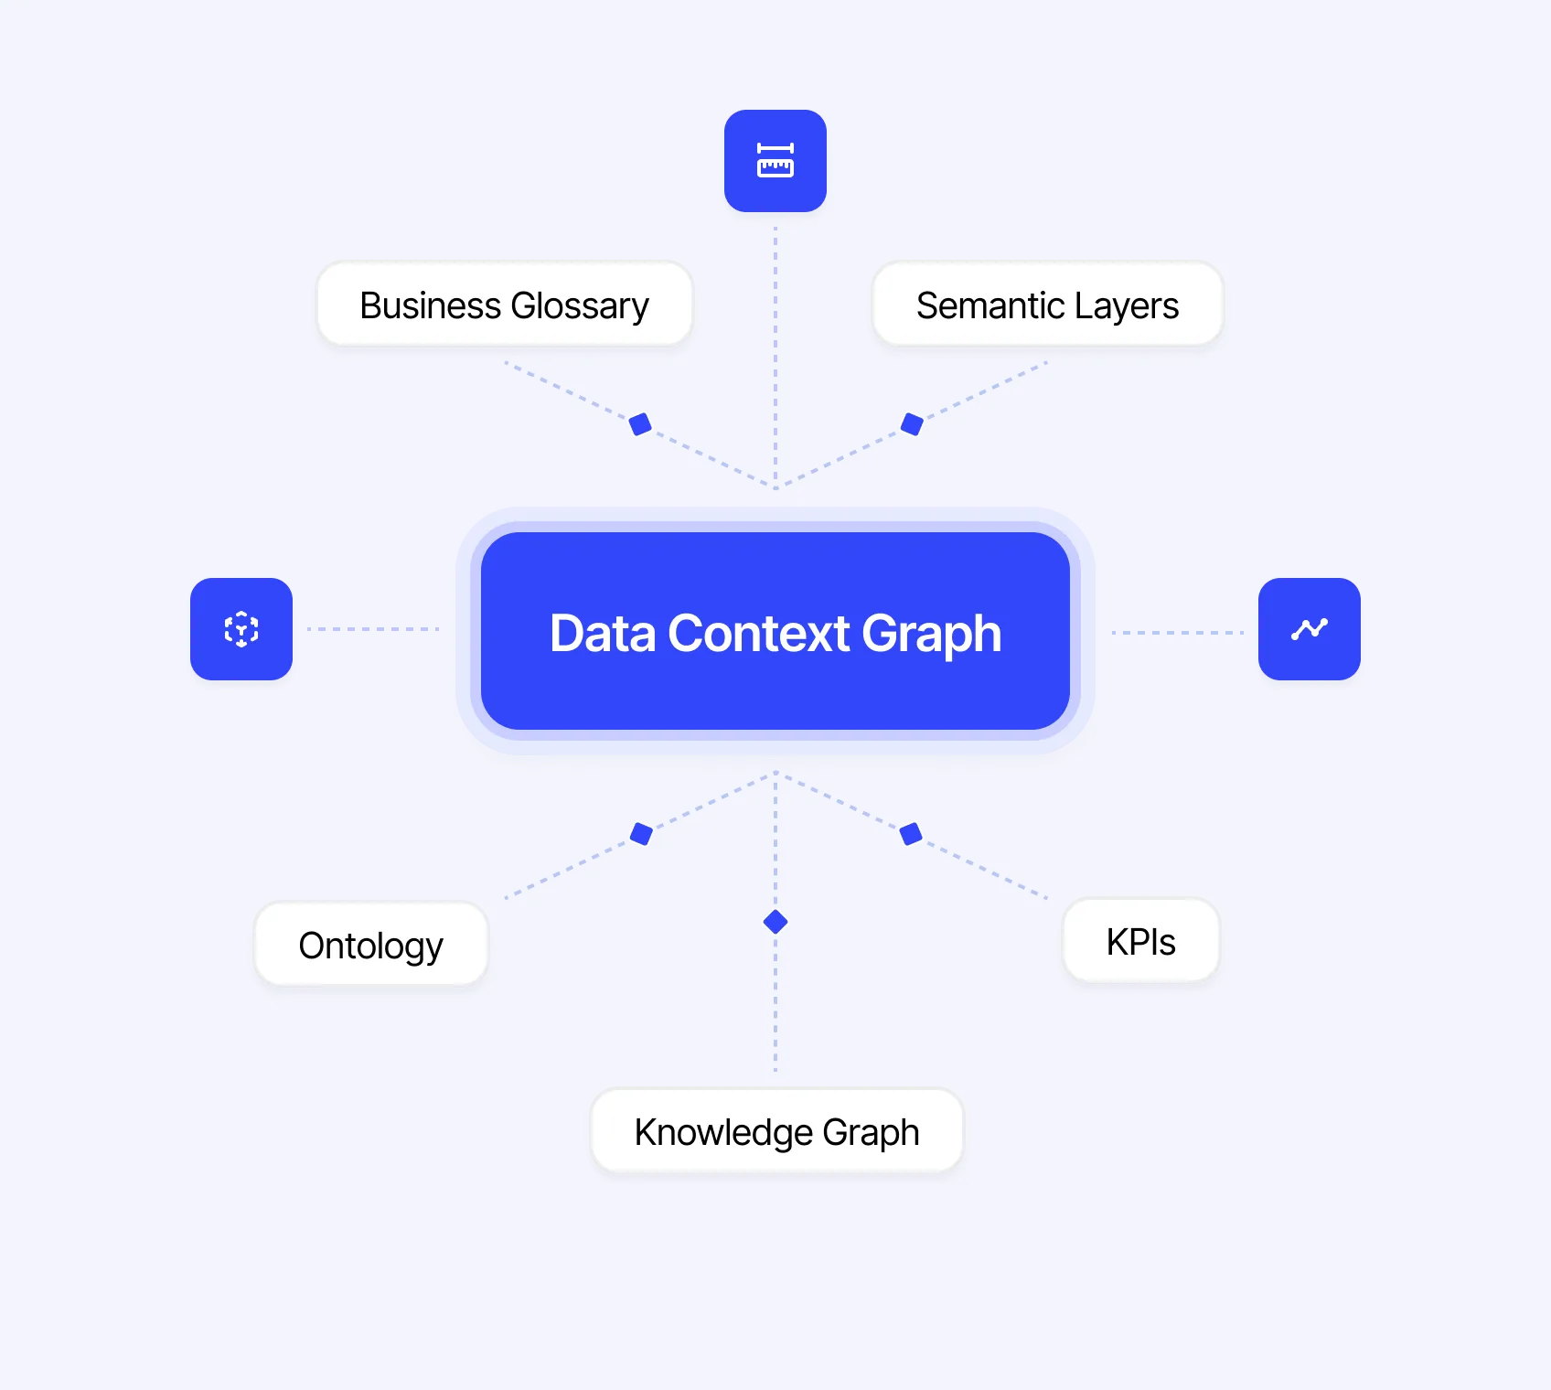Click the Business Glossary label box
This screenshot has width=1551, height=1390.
(504, 305)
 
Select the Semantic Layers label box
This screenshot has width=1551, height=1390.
(1047, 305)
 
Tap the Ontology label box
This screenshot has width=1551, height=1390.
(370, 946)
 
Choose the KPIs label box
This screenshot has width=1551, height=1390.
(1140, 942)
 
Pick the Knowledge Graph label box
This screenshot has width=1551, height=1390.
(776, 1132)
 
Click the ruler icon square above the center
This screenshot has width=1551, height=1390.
(775, 161)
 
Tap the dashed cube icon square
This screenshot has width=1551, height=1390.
(241, 629)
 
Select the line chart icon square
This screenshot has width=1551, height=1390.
(1310, 629)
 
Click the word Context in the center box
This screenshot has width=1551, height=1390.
(759, 633)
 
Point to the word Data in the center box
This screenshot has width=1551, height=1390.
(603, 633)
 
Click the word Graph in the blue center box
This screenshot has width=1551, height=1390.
(931, 633)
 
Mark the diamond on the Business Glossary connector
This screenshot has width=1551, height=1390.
(640, 424)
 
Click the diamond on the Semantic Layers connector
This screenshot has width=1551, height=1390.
(912, 424)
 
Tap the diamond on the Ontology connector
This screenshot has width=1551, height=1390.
(642, 834)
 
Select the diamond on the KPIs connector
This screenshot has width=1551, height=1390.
(911, 834)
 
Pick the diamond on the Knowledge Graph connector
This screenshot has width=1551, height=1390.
(775, 922)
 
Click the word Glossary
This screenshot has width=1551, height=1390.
(580, 305)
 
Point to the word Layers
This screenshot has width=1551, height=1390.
(1127, 305)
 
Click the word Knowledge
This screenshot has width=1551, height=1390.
(723, 1132)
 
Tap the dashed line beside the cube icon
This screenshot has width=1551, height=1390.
(373, 629)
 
